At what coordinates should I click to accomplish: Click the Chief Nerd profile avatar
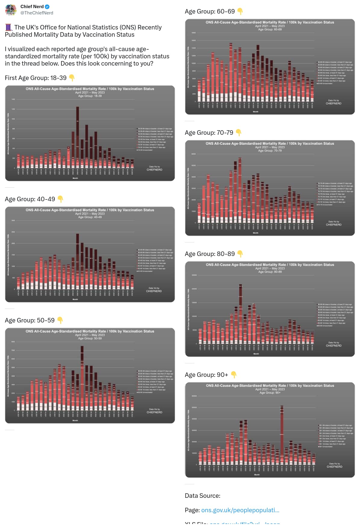(x=11, y=10)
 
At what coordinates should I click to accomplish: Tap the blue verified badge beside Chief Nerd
(x=47, y=7)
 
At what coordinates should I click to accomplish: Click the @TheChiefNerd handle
(x=37, y=13)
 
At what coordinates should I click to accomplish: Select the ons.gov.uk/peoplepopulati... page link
(x=240, y=510)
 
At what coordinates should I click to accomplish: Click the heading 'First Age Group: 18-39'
(x=36, y=78)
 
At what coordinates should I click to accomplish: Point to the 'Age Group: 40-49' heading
(x=30, y=199)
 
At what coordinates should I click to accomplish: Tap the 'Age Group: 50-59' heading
(x=29, y=320)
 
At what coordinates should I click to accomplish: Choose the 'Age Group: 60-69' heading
(x=209, y=11)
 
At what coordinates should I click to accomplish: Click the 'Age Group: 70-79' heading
(x=209, y=133)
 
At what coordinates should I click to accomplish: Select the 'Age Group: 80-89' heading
(x=209, y=254)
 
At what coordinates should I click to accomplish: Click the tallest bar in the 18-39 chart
(x=77, y=137)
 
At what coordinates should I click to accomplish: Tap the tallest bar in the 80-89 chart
(x=241, y=313)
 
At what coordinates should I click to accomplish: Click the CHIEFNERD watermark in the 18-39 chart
(x=154, y=170)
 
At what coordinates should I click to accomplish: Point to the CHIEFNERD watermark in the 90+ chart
(x=334, y=467)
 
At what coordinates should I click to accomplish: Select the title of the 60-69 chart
(x=270, y=22)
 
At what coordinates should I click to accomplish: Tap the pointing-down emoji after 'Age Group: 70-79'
(x=239, y=132)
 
